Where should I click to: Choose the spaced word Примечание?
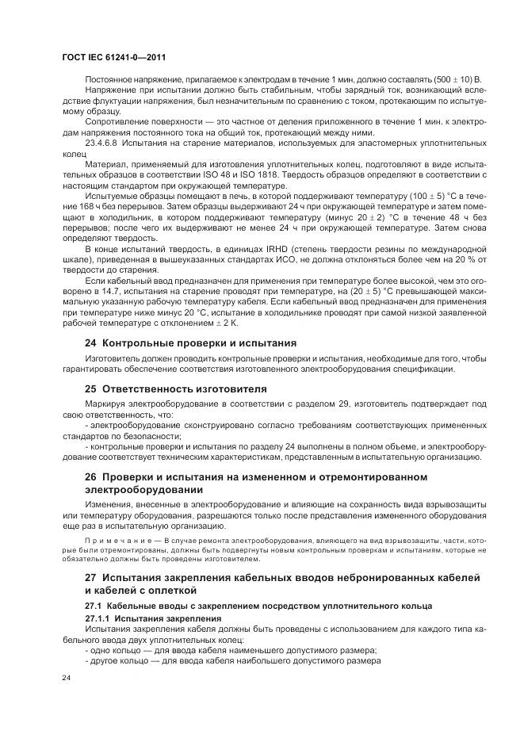(116, 540)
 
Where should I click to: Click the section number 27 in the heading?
(91, 577)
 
